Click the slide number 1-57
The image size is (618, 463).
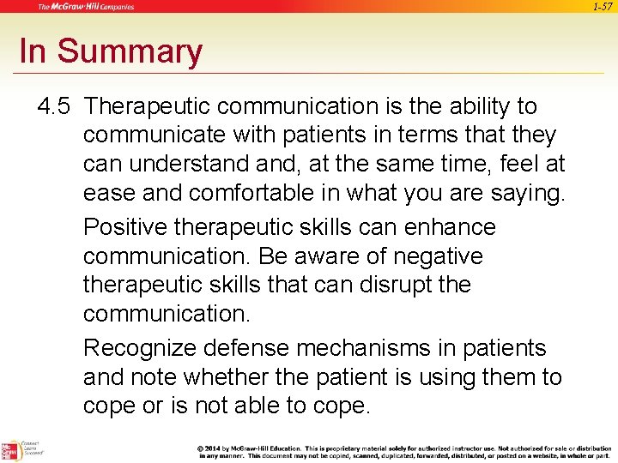click(x=603, y=7)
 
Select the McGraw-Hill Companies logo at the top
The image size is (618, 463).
click(x=85, y=7)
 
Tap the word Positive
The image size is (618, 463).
click(x=124, y=227)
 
